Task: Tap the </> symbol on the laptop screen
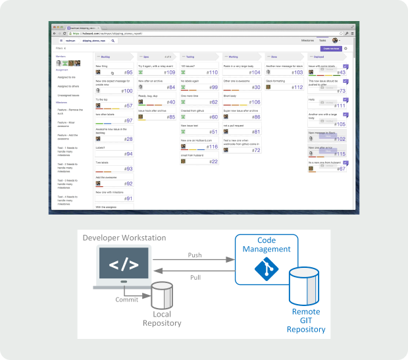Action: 123,265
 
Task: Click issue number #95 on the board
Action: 128,72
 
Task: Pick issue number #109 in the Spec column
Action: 170,72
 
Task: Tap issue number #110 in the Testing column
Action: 212,72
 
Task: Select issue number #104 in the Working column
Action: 255,72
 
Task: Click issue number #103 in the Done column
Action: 297,72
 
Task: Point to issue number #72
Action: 256,150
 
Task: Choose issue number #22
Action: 213,161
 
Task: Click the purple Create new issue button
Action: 330,48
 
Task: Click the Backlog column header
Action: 106,57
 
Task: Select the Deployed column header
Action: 319,57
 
